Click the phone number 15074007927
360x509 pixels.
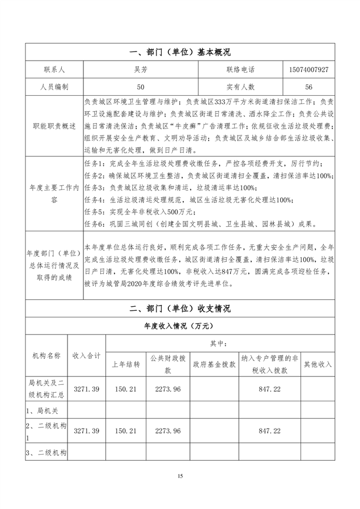pos(308,70)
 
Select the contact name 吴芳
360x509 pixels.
pos(141,70)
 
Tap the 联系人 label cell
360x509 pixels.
pos(54,70)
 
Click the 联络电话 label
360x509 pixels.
pos(240,70)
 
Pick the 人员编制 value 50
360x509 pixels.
pos(141,87)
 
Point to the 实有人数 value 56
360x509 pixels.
pos(308,87)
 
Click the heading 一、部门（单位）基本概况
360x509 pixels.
pos(180,52)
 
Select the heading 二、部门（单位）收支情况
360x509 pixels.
pos(180,309)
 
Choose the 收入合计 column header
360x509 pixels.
pos(87,356)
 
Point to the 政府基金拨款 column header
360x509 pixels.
pos(214,364)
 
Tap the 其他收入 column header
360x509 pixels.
pos(317,364)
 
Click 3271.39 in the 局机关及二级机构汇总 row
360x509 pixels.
pos(87,389)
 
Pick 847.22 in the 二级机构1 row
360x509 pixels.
pos(269,431)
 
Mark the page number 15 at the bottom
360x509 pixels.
pos(180,476)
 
